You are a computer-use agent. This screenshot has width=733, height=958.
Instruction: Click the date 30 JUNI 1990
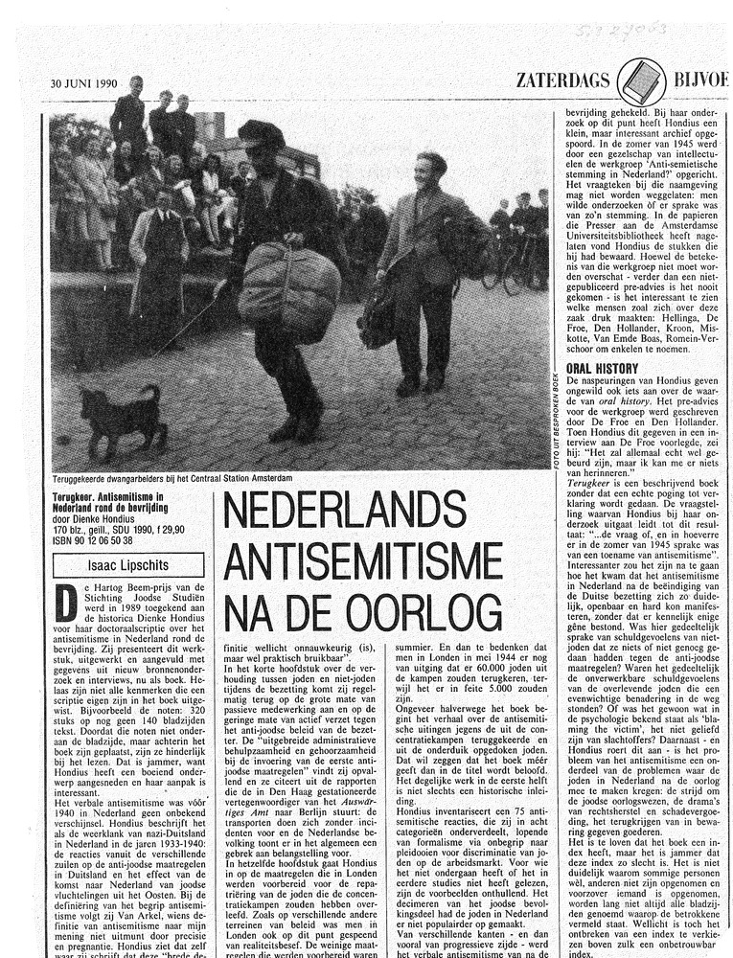[84, 82]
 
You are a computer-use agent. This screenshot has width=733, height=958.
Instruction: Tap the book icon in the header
[641, 80]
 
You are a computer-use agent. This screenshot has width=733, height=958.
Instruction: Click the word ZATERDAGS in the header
[562, 80]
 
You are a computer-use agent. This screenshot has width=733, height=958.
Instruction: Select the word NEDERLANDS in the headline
[358, 512]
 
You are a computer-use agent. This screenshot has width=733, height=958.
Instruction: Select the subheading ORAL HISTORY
[602, 367]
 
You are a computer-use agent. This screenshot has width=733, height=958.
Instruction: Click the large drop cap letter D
[66, 603]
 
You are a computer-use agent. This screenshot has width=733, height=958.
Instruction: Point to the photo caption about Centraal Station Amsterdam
[172, 477]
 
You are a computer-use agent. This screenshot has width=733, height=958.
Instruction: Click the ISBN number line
[93, 540]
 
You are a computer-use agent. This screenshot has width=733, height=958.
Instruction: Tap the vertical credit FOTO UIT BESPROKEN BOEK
[555, 419]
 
